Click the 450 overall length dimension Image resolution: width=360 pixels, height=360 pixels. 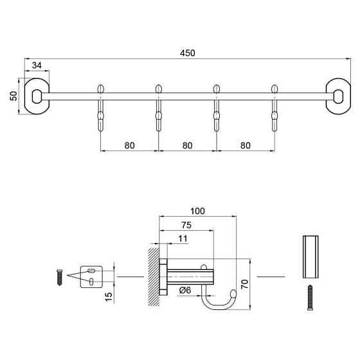(188, 53)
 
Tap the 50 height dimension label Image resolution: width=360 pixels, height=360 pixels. (13, 96)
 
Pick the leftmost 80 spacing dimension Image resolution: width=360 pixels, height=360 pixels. (129, 145)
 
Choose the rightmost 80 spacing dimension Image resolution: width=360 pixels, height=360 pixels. (245, 145)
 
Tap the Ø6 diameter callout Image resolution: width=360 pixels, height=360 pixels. (186, 291)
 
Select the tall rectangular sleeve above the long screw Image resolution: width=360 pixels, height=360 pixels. (309, 257)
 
